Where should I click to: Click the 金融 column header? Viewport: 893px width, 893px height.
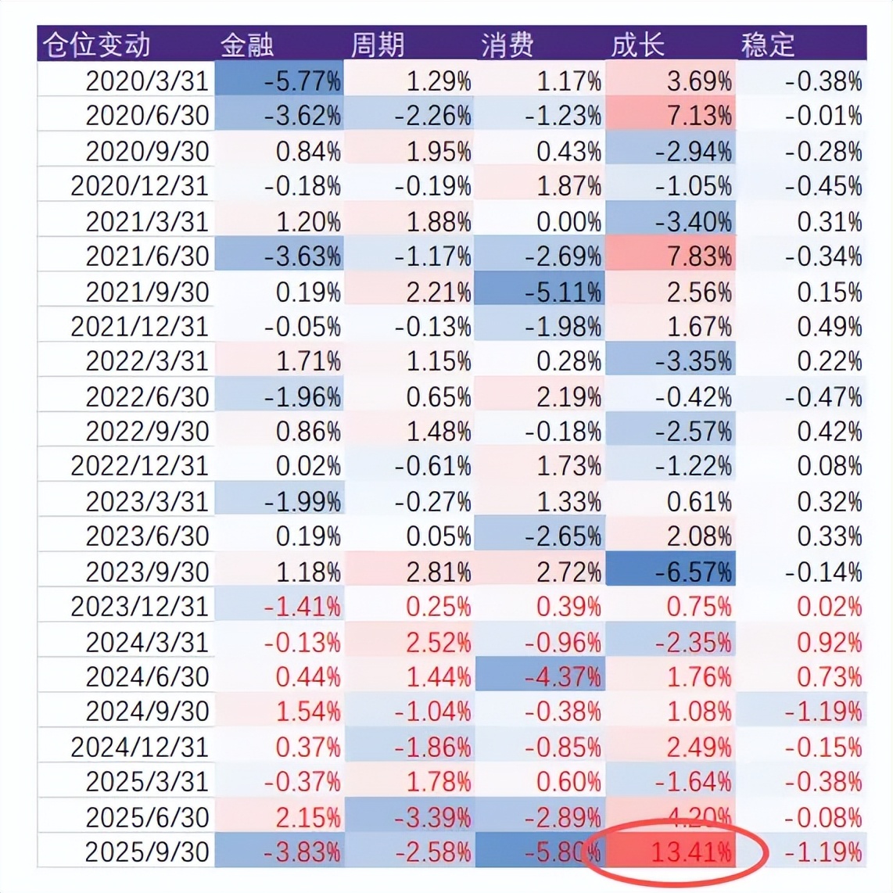click(x=247, y=45)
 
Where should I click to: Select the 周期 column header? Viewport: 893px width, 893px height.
click(x=377, y=45)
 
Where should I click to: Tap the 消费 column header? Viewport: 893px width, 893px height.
click(x=507, y=45)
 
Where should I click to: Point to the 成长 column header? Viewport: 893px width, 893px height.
click(x=637, y=45)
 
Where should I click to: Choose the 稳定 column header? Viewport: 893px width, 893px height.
click(x=767, y=45)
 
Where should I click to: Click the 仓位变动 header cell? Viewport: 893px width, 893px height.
click(x=96, y=45)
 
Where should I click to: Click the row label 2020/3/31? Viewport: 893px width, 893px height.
click(x=147, y=81)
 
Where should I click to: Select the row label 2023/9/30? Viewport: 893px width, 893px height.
click(x=147, y=572)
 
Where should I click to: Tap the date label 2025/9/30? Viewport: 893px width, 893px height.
click(x=147, y=852)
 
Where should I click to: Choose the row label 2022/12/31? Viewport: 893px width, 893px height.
click(x=140, y=466)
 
